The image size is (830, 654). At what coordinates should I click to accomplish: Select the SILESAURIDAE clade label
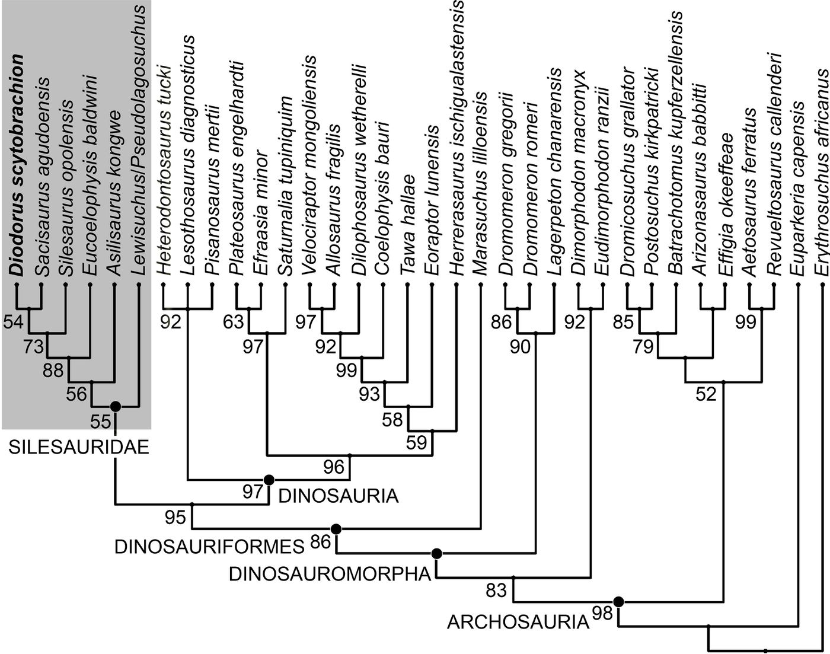click(x=78, y=447)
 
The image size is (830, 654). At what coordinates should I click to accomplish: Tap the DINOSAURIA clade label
click(x=338, y=495)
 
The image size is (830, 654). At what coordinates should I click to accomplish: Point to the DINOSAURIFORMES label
click(x=209, y=547)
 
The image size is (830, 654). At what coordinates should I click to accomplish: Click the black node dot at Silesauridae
click(x=116, y=406)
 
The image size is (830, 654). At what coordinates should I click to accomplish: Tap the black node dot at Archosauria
click(x=619, y=602)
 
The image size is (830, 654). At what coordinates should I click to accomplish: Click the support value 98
click(x=602, y=614)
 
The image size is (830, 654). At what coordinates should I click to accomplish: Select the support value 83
click(x=497, y=591)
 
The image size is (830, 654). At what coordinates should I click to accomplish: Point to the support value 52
click(x=706, y=394)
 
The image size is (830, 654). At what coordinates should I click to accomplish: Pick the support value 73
click(x=34, y=346)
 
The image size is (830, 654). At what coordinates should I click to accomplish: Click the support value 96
click(x=334, y=467)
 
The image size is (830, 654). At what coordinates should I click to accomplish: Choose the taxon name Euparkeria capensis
click(x=798, y=190)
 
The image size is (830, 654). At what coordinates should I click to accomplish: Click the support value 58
click(x=392, y=420)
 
